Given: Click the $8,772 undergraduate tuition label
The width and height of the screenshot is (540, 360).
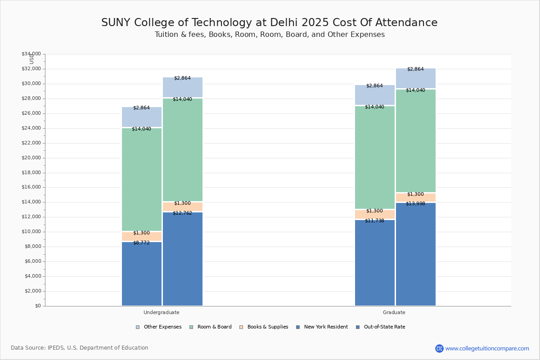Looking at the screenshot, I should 141,243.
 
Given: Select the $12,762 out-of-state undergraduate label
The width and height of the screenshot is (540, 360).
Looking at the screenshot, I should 182,213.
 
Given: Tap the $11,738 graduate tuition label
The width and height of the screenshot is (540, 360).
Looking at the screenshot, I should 374,221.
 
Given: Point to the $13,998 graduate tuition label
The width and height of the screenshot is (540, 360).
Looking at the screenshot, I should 415,204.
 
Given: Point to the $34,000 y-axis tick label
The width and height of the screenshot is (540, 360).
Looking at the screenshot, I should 31,54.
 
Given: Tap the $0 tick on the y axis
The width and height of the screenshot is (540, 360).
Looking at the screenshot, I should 37,306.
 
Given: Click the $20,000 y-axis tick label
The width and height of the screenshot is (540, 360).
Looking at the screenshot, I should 31,158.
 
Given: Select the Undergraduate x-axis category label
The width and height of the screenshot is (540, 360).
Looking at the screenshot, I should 161,312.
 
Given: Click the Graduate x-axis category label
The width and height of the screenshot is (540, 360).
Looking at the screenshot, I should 394,312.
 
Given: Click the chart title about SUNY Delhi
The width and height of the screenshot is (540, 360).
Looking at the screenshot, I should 269,23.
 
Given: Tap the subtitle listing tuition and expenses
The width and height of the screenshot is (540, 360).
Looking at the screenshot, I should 270,35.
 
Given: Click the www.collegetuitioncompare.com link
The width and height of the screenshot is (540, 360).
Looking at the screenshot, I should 487,348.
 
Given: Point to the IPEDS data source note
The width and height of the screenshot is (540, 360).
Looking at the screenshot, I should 79,348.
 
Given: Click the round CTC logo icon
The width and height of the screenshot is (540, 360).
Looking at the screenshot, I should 439,348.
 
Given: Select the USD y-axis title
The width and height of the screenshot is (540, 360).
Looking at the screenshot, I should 31,59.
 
